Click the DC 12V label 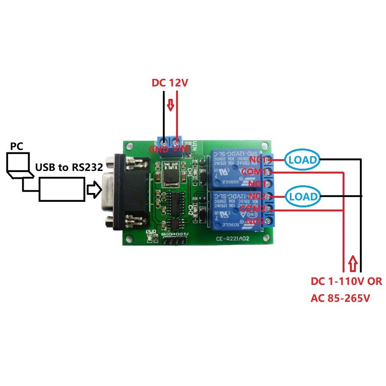[x=170, y=84]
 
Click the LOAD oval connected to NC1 [x=303, y=160]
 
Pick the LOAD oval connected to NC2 [x=303, y=197]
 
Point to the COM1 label [x=253, y=172]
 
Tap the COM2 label [x=253, y=209]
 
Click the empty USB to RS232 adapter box [x=62, y=190]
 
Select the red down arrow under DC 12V [x=170, y=106]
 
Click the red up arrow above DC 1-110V [x=352, y=263]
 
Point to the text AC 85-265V [x=340, y=299]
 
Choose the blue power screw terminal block [x=169, y=141]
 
